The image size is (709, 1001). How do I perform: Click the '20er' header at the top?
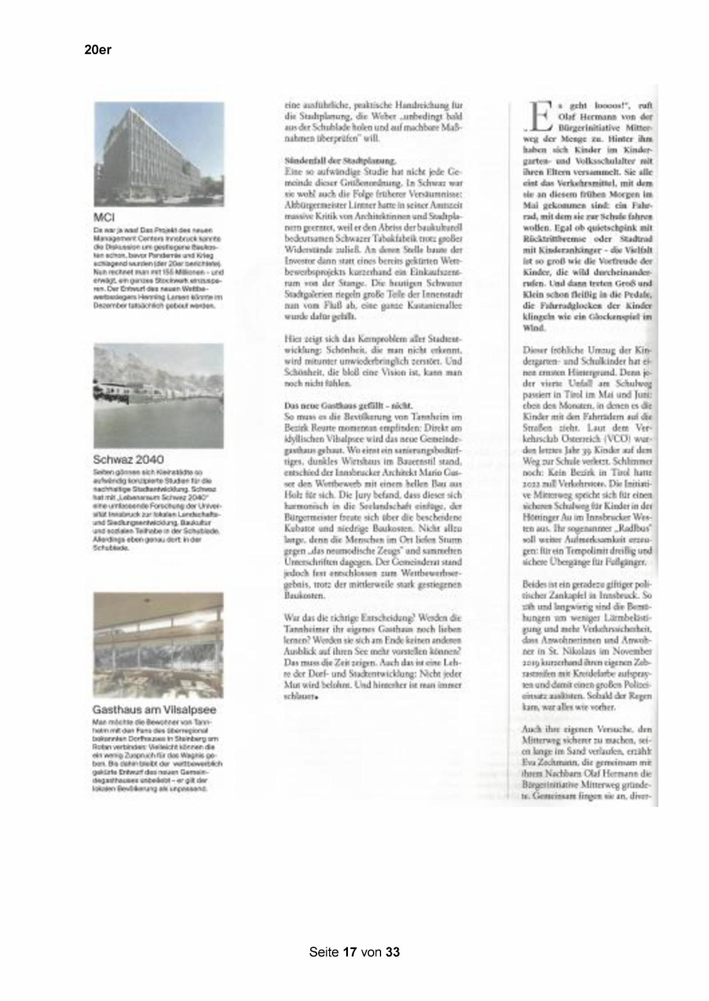click(98, 50)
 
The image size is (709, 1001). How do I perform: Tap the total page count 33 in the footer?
click(393, 952)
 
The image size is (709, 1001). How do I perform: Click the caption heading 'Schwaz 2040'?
click(128, 459)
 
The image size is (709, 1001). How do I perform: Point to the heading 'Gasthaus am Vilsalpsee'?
click(154, 710)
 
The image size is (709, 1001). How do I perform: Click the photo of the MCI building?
click(159, 154)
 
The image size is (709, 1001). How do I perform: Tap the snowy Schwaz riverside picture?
click(159, 395)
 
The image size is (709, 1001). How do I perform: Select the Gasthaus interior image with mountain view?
click(159, 645)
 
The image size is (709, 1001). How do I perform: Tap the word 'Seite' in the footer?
click(325, 952)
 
